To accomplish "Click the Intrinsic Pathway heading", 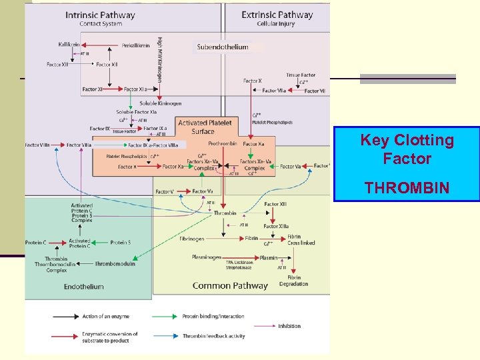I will tap(100, 15).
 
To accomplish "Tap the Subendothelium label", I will tap(223, 47).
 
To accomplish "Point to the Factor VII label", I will tap(313, 91).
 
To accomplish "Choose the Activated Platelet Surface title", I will tap(205, 127).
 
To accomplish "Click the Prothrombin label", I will tap(221, 143).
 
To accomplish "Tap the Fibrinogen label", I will tap(191, 238).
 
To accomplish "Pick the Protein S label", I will tap(120, 243).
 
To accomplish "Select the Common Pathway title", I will tap(230, 286).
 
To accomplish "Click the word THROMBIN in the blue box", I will tap(407, 189).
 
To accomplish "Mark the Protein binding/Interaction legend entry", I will tap(213, 316).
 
